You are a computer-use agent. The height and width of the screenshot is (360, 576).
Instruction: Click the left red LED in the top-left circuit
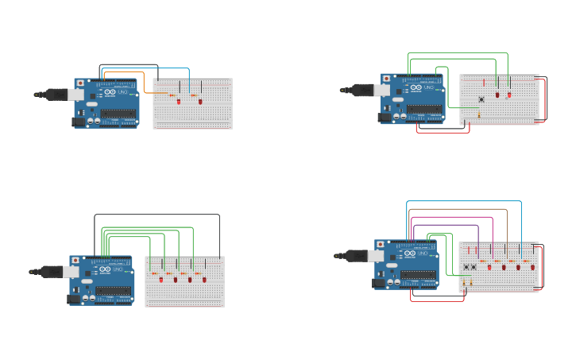pos(179,102)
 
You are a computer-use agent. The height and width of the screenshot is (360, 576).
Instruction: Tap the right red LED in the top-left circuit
pos(200,102)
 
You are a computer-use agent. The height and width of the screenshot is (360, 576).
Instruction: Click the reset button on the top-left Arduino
pos(80,83)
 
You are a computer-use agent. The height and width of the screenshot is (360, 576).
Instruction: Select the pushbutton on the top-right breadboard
pos(481,99)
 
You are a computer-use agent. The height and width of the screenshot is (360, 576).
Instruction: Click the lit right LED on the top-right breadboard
pos(509,95)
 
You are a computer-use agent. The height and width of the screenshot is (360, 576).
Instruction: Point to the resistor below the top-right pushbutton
pos(479,114)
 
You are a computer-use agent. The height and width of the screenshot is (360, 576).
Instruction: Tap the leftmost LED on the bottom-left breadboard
pos(161,280)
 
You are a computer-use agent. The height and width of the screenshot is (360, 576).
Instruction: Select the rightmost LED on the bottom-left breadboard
pos(204,280)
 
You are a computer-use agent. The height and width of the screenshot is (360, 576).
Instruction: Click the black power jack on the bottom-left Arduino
pos(75,299)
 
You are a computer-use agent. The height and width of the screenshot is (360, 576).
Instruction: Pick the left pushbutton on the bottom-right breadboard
pos(466,267)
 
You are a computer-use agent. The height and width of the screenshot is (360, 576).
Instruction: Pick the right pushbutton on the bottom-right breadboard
pos(474,267)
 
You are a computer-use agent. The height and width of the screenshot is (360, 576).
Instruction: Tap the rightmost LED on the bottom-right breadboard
pos(532,267)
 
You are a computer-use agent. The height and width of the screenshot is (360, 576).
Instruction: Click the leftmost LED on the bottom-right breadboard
pos(489,267)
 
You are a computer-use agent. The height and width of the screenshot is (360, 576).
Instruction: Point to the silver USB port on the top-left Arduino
pos(76,95)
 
